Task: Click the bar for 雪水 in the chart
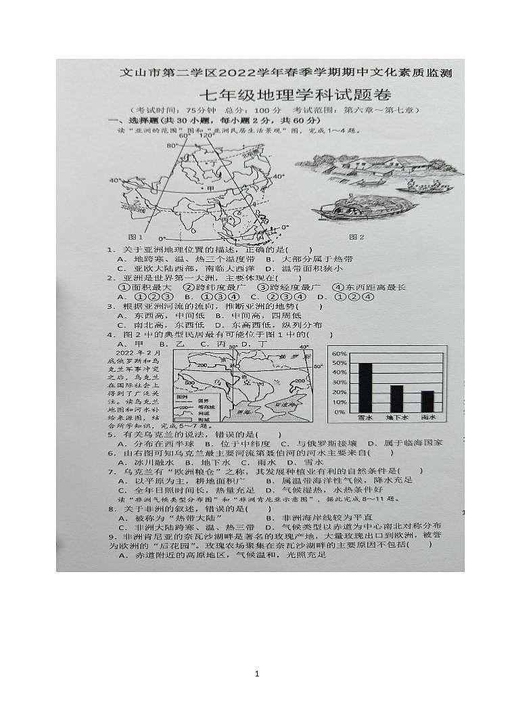click(365, 387)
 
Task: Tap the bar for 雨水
click(427, 401)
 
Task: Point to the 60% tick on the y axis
click(339, 354)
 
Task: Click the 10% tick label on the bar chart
click(339, 402)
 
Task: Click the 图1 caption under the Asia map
click(135, 237)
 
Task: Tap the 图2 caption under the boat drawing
click(356, 237)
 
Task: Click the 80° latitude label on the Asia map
click(172, 145)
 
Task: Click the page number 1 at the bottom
click(257, 674)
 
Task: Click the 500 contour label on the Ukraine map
click(189, 382)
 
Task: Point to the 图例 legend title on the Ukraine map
click(181, 397)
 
